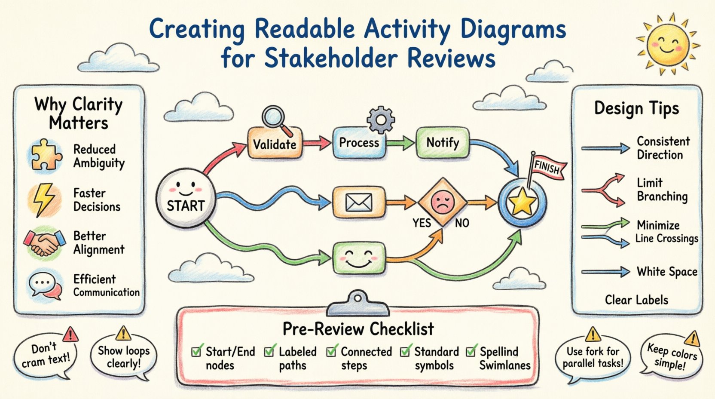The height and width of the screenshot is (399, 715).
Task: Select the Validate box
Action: tap(275, 144)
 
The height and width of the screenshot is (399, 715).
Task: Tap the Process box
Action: tap(359, 143)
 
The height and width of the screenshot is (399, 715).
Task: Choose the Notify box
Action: tap(443, 142)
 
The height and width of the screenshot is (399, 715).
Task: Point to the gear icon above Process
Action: tap(381, 120)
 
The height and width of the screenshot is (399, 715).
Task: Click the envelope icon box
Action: tap(359, 202)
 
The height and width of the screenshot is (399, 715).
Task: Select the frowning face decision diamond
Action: tap(442, 202)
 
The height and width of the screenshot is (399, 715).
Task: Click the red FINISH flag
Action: tap(547, 166)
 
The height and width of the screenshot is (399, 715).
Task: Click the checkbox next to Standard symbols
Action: tap(405, 352)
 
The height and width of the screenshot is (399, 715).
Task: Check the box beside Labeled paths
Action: tap(269, 352)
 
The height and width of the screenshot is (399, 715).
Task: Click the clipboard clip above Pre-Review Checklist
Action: tap(357, 303)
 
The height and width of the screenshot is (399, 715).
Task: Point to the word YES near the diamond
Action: tap(422, 223)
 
